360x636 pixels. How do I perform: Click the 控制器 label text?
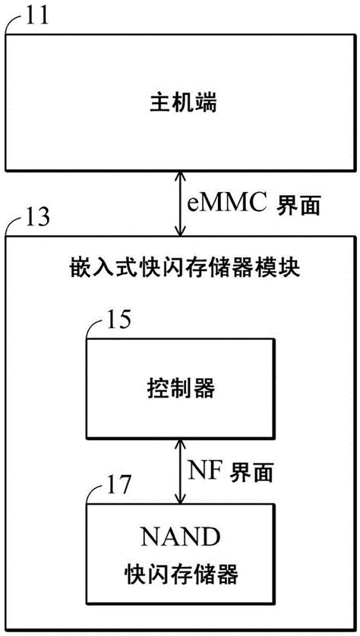179,389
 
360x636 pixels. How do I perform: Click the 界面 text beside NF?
251,471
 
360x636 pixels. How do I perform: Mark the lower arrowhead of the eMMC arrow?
180,231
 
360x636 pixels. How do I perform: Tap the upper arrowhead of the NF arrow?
179,446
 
